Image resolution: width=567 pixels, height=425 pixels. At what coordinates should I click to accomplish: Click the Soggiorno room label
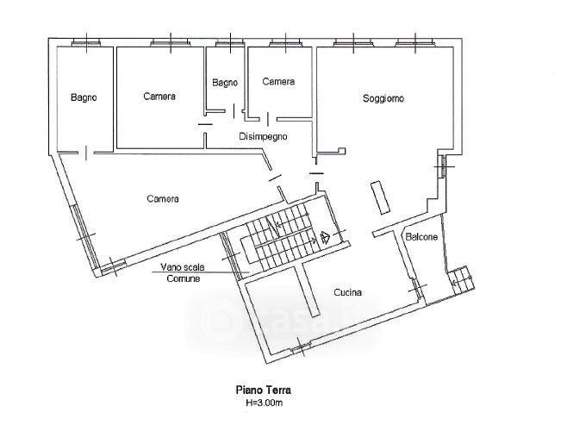click(383, 98)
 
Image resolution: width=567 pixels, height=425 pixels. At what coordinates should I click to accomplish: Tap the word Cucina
click(347, 292)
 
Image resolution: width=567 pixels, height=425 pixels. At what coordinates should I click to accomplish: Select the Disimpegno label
click(264, 137)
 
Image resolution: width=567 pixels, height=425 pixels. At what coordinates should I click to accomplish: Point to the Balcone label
click(421, 237)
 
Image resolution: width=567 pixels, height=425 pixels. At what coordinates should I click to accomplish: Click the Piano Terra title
click(264, 391)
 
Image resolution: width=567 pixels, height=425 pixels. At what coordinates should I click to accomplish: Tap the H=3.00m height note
click(264, 403)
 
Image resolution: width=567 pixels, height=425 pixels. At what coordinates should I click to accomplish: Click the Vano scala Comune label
click(183, 272)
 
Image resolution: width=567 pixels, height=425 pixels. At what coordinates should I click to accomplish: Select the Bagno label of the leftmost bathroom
click(84, 97)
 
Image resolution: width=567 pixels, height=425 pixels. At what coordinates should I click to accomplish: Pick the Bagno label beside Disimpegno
click(225, 83)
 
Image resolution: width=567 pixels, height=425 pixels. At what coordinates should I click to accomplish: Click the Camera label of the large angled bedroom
click(163, 198)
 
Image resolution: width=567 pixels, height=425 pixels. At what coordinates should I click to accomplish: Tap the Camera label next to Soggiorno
click(278, 82)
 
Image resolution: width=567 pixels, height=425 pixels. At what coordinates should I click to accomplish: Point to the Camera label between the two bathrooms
click(159, 97)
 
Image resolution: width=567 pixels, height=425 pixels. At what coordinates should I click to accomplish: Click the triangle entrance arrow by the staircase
click(325, 237)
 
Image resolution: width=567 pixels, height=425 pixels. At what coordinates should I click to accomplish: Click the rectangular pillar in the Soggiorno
click(380, 197)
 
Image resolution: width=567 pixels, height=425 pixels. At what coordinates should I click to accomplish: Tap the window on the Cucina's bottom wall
click(302, 347)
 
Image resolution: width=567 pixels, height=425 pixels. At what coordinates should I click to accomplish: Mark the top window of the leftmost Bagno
click(85, 44)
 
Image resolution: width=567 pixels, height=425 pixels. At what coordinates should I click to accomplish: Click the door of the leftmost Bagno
click(86, 153)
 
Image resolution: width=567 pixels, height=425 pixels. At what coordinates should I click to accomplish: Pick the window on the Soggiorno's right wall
click(442, 166)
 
